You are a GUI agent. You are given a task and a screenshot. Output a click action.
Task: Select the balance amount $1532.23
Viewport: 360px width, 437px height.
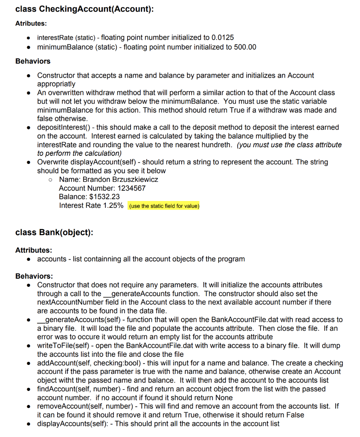pos(104,197)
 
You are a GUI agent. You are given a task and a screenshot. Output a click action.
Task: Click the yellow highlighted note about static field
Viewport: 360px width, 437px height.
pos(164,206)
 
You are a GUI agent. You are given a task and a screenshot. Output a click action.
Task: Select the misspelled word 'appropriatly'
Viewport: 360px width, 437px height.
pos(56,84)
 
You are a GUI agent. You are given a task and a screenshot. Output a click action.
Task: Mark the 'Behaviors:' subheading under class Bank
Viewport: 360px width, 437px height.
pos(34,276)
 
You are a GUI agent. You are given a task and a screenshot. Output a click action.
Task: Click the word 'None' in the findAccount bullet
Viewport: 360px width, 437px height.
pos(224,397)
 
